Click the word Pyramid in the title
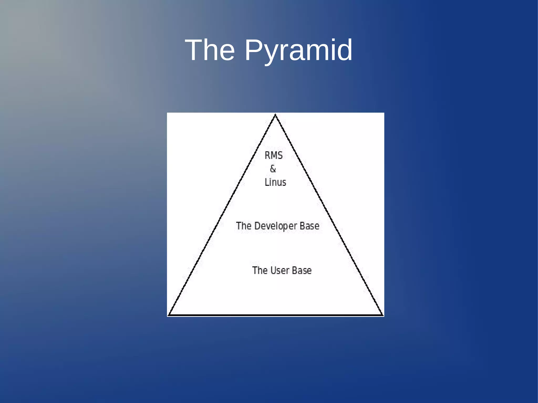pyautogui.click(x=298, y=50)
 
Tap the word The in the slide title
pyautogui.click(x=210, y=50)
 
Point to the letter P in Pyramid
pyautogui.click(x=254, y=50)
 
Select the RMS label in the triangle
pyautogui.click(x=273, y=155)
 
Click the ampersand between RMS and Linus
pyautogui.click(x=273, y=169)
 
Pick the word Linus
pyautogui.click(x=275, y=182)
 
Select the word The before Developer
pyautogui.click(x=244, y=226)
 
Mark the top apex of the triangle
pyautogui.click(x=275, y=115)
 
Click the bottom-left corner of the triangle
pyautogui.click(x=169, y=314)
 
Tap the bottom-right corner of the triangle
pyautogui.click(x=382, y=314)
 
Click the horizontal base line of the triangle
pyautogui.click(x=275, y=315)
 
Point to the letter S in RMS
pyautogui.click(x=280, y=155)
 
